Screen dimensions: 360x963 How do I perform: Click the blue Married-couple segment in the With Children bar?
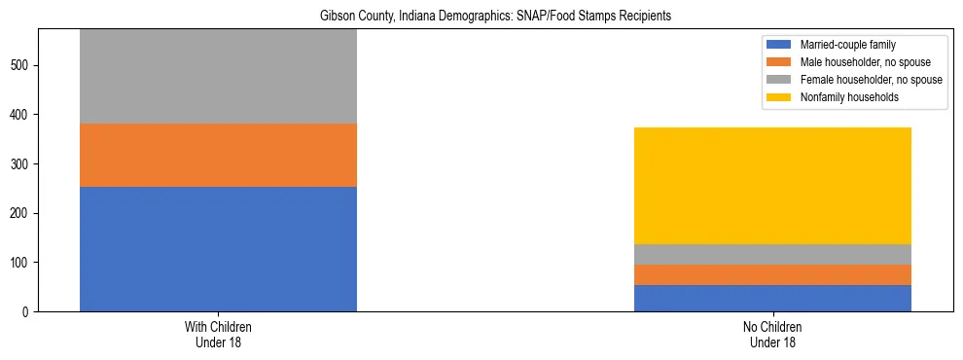[218, 249]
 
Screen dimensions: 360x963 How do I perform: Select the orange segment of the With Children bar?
[218, 155]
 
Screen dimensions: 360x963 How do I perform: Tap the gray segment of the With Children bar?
[218, 76]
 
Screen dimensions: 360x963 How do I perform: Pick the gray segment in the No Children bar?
[772, 254]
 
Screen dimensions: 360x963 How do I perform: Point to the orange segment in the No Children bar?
[772, 274]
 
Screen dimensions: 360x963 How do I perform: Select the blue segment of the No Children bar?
[772, 298]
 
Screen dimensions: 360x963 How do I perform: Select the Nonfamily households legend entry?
[842, 97]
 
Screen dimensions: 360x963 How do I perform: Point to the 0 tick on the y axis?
[27, 311]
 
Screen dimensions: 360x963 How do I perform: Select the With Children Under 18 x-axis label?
[218, 335]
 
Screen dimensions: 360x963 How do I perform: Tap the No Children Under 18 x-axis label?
[772, 335]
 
